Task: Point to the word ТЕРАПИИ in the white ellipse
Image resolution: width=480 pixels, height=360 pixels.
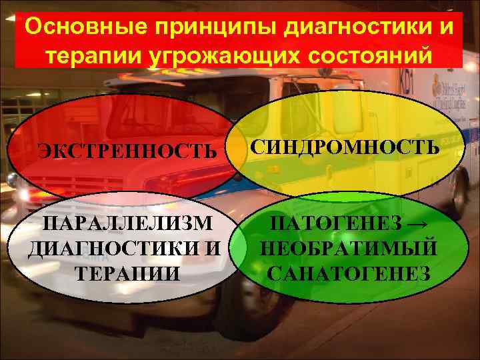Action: [x=127, y=273]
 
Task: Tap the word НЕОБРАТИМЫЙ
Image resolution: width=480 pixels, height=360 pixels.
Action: [x=349, y=247]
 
